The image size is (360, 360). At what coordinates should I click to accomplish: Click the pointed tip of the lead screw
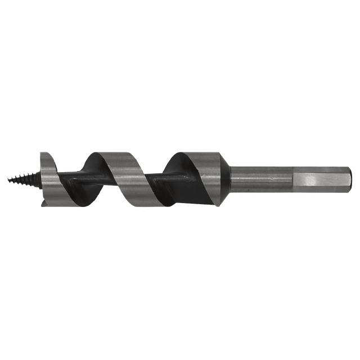pos(12,178)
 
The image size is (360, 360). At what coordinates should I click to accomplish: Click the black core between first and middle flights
pos(79,181)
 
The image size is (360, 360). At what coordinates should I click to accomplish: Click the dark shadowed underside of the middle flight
pos(90,169)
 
